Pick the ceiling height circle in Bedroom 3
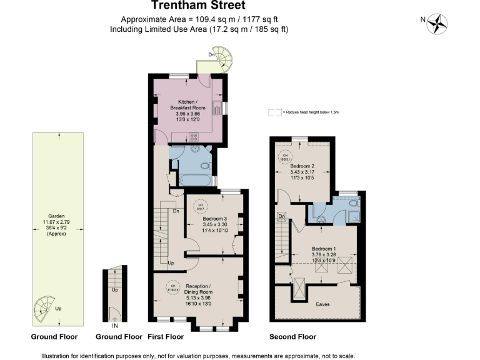200,206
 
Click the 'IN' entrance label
115,326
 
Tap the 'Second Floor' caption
292,337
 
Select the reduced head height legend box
274,112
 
